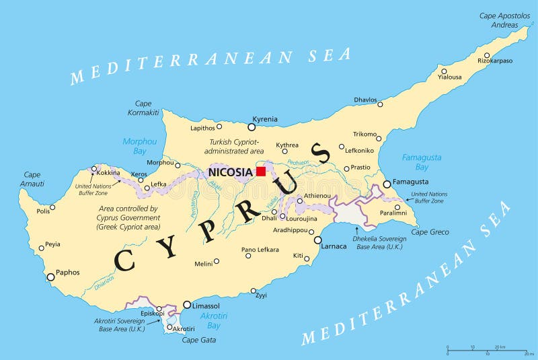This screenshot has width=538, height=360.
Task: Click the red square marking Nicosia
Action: [261, 172]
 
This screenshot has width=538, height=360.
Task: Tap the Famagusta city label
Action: [411, 182]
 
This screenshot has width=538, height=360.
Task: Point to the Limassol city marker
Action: [187, 305]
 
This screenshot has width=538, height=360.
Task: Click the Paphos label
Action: [68, 273]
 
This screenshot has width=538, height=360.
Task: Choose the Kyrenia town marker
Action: [252, 127]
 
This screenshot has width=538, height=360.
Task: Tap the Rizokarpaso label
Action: [495, 61]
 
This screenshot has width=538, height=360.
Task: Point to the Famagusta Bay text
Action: [422, 161]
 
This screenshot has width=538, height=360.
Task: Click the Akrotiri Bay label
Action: [214, 320]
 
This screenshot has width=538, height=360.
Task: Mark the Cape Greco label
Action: [430, 232]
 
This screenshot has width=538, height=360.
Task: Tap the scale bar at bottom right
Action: [490, 350]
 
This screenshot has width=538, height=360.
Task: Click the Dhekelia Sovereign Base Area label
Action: [379, 243]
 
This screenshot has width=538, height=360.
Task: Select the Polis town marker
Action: [52, 207]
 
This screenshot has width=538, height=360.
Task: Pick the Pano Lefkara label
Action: [260, 250]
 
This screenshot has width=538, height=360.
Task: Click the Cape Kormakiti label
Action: [143, 108]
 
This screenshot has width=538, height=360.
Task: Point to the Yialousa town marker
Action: [444, 71]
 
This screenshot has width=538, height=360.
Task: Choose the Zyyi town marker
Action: [254, 291]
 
